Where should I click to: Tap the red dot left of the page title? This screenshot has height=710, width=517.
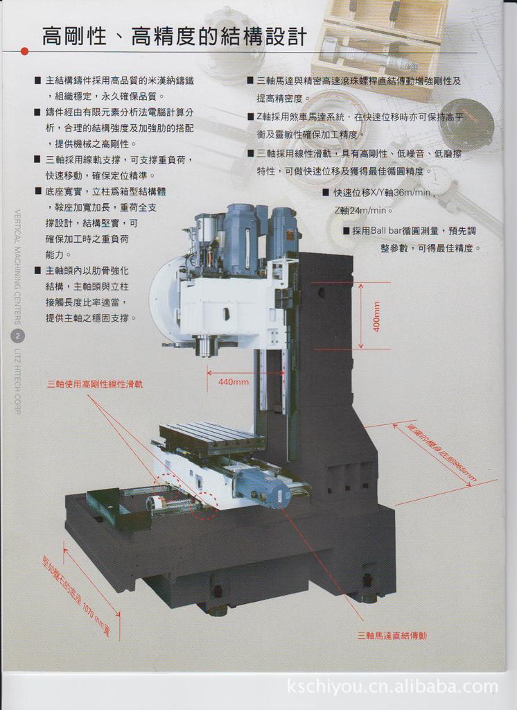pyautogui.click(x=24, y=51)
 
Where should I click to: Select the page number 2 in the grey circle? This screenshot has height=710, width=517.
pyautogui.click(x=18, y=336)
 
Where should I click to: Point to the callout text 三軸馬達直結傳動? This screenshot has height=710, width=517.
pyautogui.click(x=392, y=635)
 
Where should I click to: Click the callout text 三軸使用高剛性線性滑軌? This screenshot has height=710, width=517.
pyautogui.click(x=95, y=383)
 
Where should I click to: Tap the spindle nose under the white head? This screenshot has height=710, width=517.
pyautogui.click(x=205, y=345)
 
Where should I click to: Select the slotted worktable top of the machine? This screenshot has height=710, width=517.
pyautogui.click(x=211, y=435)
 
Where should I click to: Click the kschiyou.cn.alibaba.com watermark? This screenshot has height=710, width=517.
pyautogui.click(x=392, y=687)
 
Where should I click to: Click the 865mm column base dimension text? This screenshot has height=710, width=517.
pyautogui.click(x=441, y=451)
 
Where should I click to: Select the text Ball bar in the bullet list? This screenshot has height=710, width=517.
pyautogui.click(x=387, y=231)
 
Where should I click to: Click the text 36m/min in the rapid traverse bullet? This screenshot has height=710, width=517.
pyautogui.click(x=412, y=192)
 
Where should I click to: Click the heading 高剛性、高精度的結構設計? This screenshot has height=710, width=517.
pyautogui.click(x=174, y=36)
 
